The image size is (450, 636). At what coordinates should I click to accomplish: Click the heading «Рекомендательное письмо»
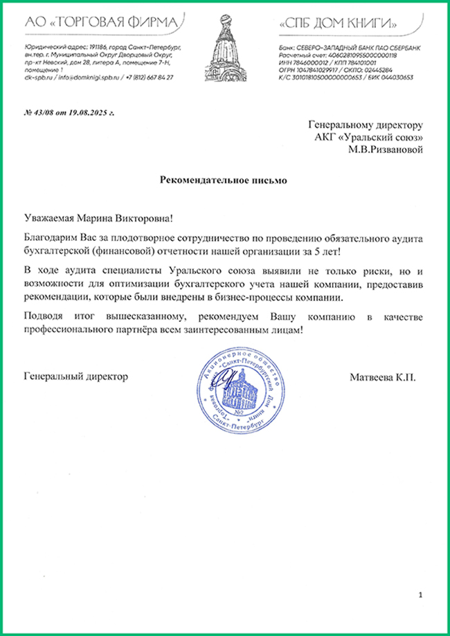click(223, 180)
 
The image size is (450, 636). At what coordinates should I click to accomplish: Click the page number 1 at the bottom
click(420, 594)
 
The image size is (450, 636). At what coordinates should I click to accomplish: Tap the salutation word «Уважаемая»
click(51, 219)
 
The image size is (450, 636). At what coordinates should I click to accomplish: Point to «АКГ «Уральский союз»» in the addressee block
click(368, 138)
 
